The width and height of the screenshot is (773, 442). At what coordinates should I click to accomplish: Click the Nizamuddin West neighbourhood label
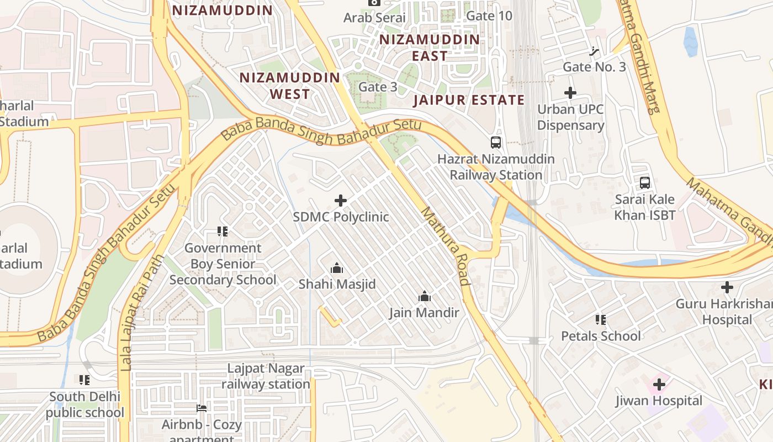tap(289, 86)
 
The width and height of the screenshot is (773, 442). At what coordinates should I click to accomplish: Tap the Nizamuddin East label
tap(430, 48)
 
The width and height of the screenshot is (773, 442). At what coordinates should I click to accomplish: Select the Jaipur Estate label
tap(469, 100)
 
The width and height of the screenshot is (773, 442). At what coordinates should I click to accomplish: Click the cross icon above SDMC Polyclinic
tap(341, 201)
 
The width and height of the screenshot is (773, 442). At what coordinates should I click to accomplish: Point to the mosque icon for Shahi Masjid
tap(337, 269)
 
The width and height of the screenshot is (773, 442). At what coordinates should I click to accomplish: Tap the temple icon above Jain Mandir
tap(424, 297)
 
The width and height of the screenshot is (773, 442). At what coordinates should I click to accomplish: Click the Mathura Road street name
tap(445, 246)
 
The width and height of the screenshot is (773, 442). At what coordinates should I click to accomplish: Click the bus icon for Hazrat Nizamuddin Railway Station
tap(496, 143)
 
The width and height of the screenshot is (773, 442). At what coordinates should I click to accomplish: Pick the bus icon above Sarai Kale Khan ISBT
tap(644, 183)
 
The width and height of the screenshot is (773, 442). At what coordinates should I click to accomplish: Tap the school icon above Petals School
tap(601, 320)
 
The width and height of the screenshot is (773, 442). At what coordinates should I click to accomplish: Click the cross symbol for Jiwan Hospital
tap(659, 384)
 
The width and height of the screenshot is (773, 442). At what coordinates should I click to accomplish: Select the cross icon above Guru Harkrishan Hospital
tap(727, 287)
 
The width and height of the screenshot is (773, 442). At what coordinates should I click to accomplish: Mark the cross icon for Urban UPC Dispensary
tap(570, 93)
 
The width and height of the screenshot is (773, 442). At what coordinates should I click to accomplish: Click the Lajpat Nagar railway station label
tap(266, 376)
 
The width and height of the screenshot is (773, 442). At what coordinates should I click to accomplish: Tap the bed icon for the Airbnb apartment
tap(202, 408)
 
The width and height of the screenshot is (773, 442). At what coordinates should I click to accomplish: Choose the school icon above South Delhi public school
tap(84, 380)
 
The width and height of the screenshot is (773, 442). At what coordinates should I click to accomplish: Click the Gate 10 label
tap(489, 15)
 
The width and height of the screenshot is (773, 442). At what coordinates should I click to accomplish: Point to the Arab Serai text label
tap(374, 18)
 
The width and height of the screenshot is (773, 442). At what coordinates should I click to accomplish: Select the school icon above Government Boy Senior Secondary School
tap(223, 231)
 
